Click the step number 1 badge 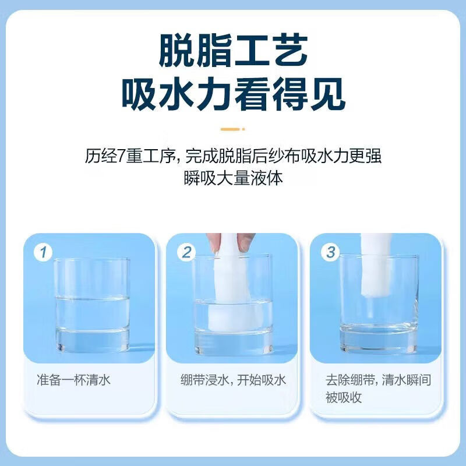(x=43, y=253)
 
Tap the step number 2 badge (x=186, y=253)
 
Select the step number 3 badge (x=330, y=253)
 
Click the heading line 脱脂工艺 (x=234, y=51)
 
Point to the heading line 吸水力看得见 (x=234, y=94)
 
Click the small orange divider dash (x=232, y=129)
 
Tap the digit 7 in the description (x=122, y=156)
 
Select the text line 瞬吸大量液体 (x=234, y=178)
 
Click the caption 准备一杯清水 (x=73, y=380)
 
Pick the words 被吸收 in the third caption (x=344, y=397)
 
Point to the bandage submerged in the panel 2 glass (x=234, y=315)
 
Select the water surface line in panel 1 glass (x=92, y=298)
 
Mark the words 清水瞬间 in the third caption (x=407, y=380)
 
